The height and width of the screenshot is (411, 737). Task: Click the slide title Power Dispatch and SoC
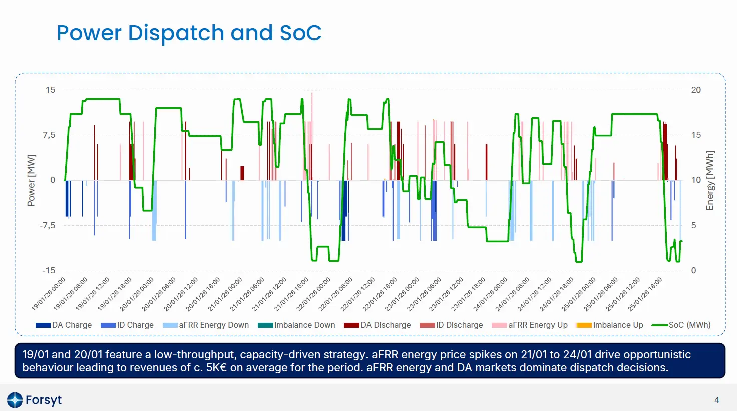189,33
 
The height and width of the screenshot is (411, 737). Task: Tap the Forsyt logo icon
15,400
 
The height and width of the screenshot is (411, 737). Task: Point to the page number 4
716,400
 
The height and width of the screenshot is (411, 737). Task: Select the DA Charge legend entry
64,325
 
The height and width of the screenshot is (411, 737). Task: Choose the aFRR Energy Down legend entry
206,325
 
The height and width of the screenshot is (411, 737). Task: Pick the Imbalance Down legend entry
296,325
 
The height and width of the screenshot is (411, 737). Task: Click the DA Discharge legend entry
378,325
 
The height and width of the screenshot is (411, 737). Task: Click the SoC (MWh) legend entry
681,325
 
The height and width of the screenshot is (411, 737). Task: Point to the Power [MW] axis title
31,180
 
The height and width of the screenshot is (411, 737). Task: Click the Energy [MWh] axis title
709,180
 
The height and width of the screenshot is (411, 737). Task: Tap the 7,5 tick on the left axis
49,135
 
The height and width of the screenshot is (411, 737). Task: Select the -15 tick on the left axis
49,270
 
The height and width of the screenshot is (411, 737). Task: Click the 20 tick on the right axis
696,90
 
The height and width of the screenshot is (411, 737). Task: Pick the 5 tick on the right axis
693,225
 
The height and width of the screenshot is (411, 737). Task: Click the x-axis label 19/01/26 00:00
49,294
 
